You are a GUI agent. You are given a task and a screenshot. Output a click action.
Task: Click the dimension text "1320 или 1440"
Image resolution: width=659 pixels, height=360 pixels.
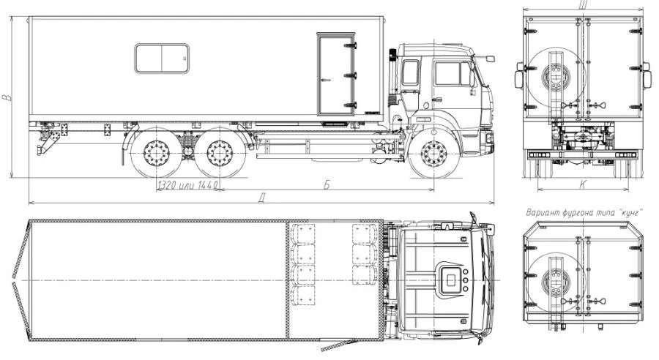[x=187, y=185]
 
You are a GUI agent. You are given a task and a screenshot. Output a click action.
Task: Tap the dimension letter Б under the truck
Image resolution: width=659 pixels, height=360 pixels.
[x=327, y=185]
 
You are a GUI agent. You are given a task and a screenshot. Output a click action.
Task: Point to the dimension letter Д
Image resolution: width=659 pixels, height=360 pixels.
[x=263, y=198]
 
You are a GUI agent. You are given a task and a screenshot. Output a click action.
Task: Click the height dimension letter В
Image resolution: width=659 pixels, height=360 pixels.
[x=6, y=97]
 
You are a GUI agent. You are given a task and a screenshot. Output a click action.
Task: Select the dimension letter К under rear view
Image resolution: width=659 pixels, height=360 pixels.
[x=583, y=184]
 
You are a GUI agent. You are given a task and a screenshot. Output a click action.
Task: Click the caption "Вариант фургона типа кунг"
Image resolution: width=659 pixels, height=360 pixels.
[x=584, y=212]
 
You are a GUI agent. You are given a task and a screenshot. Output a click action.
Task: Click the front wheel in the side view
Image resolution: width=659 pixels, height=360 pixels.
[x=433, y=154]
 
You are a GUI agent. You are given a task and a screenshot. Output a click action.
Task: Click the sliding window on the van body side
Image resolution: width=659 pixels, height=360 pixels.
[x=162, y=59]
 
